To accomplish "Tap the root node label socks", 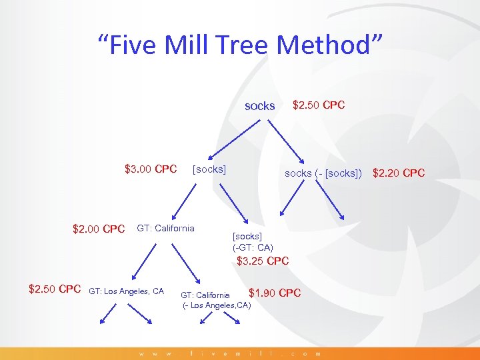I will click(x=259, y=106).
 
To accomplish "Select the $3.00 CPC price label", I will click(x=151, y=169).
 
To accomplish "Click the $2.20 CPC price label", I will click(x=398, y=173).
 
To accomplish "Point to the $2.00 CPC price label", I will click(x=99, y=229).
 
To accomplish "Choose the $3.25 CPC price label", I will click(x=263, y=261).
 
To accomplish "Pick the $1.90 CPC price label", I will click(x=274, y=293).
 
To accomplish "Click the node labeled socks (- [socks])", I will click(x=323, y=173).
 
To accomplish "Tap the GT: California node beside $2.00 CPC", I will click(x=165, y=228).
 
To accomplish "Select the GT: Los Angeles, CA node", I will click(x=126, y=291).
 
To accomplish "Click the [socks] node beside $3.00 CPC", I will click(x=209, y=169).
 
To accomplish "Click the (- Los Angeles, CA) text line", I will click(x=217, y=305).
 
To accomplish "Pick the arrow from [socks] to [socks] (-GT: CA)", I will click(x=233, y=203).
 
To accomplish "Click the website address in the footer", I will click(x=230, y=353).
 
